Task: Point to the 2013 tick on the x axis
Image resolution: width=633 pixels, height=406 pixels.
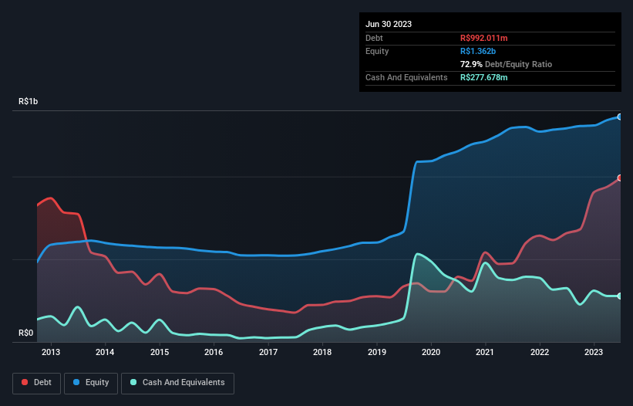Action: pyautogui.click(x=51, y=353)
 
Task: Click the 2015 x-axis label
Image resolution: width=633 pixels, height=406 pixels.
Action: pyautogui.click(x=160, y=353)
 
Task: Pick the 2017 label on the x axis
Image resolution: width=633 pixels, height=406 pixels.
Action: pyautogui.click(x=268, y=353)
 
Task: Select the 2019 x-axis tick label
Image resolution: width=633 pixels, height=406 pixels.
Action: pyautogui.click(x=377, y=353)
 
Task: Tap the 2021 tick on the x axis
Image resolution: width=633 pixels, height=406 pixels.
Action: pyautogui.click(x=486, y=353)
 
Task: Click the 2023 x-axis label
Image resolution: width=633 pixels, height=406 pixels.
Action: pyautogui.click(x=594, y=353)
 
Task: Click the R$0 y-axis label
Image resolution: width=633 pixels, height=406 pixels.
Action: pyautogui.click(x=26, y=333)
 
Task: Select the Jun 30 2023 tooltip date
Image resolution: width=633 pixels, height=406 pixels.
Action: pyautogui.click(x=389, y=24)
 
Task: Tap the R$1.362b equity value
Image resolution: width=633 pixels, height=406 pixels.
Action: pyautogui.click(x=477, y=51)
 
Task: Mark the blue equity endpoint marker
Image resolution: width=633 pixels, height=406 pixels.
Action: pyautogui.click(x=620, y=117)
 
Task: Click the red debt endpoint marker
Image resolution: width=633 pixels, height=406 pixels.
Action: pyautogui.click(x=620, y=178)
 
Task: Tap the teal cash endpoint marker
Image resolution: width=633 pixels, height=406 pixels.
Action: pyautogui.click(x=620, y=296)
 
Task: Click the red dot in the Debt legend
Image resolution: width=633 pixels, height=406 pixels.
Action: pyautogui.click(x=25, y=382)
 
